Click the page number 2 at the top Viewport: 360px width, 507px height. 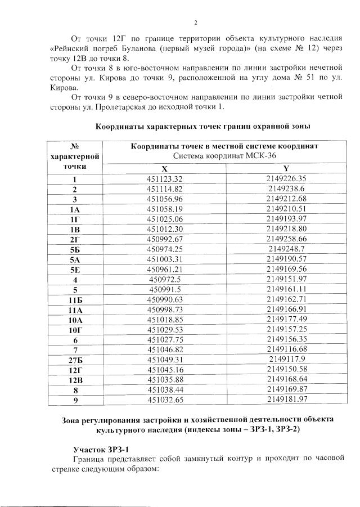click(x=195, y=23)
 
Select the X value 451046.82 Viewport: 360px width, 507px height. click(x=165, y=349)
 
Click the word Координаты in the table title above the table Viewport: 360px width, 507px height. click(x=119, y=126)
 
